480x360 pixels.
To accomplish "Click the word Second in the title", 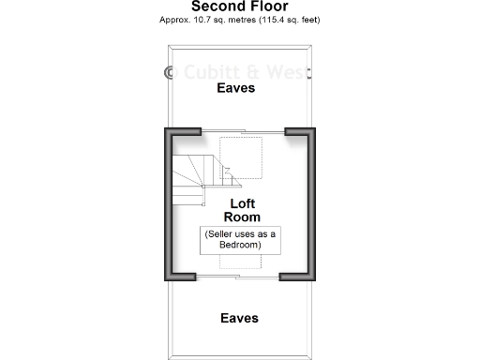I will pyautogui.click(x=217, y=7).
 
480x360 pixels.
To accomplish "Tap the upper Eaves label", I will pyautogui.click(x=236, y=89).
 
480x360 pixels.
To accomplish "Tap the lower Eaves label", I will pyautogui.click(x=239, y=318).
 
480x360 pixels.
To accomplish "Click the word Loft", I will pyautogui.click(x=243, y=202).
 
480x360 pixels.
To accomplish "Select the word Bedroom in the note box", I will pyautogui.click(x=239, y=245).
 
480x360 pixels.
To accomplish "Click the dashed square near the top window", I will pyautogui.click(x=239, y=150).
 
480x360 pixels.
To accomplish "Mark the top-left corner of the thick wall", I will pyautogui.click(x=170, y=131).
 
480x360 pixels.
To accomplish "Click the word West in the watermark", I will pyautogui.click(x=291, y=71).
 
